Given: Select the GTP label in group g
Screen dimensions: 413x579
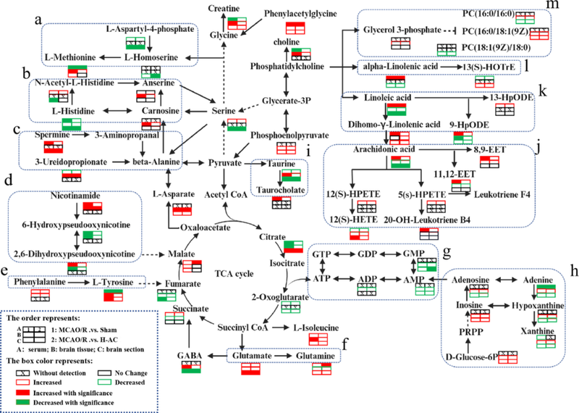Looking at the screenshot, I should tap(321, 255).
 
